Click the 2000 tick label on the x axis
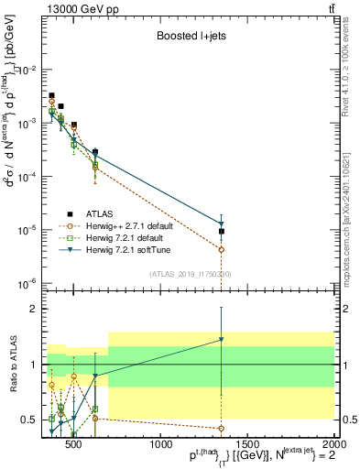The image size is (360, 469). tap(333, 444)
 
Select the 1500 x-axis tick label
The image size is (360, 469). tap(247, 444)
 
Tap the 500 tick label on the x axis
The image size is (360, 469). tap(76, 444)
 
